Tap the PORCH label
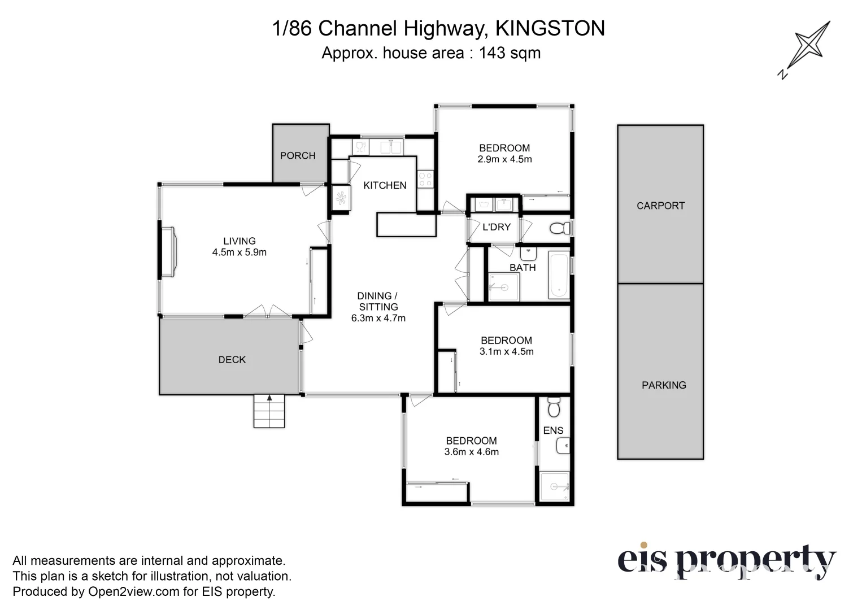(x=298, y=155)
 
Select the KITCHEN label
(x=385, y=185)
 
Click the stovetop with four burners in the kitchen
(x=425, y=180)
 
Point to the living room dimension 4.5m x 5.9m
(x=239, y=252)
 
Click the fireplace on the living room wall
(x=168, y=251)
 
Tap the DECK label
(x=232, y=360)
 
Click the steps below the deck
(x=269, y=411)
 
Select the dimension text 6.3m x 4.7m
(x=378, y=318)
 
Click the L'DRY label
(x=496, y=227)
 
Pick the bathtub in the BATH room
(x=558, y=276)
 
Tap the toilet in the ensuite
(x=554, y=407)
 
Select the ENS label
(x=553, y=430)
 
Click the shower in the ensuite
(x=554, y=486)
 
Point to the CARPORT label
(x=660, y=206)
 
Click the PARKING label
(x=664, y=385)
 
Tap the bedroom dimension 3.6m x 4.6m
(x=471, y=452)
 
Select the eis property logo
(x=726, y=561)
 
